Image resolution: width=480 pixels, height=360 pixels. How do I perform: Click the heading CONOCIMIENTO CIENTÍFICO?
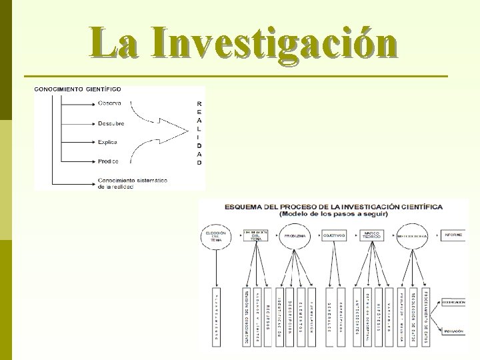coord(78,89)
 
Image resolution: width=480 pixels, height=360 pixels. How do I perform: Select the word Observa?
coord(109,103)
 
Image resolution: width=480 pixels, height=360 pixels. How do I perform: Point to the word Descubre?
coord(111,123)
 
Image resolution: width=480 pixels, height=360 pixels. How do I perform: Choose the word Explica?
coord(107,142)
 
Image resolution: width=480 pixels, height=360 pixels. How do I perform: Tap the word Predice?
coord(107,161)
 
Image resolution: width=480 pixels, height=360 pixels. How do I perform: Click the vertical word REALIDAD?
coord(199,133)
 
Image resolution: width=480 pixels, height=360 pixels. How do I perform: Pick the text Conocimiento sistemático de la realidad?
coord(132,183)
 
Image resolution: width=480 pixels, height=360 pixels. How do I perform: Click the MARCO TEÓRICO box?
coord(371,236)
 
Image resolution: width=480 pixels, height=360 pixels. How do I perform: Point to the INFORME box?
coord(453,235)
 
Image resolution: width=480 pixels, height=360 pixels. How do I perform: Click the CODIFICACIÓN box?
coord(453,302)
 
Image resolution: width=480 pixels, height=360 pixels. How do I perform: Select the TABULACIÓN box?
coord(453,329)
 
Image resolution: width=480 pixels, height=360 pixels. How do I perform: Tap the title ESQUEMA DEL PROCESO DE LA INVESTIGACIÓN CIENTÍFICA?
coord(333,207)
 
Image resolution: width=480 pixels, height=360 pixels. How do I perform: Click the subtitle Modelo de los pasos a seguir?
coord(333,214)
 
